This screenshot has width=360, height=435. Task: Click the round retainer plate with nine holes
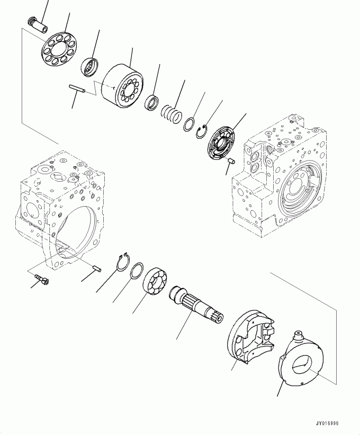[59, 49]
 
